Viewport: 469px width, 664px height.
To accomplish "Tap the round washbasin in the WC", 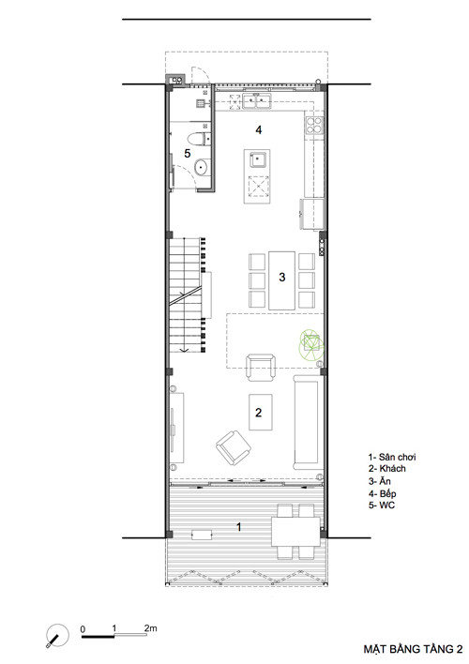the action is pyautogui.click(x=202, y=167).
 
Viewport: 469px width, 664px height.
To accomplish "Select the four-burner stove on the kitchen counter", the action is pyautogui.click(x=314, y=125).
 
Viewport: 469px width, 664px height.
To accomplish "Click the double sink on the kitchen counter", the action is pyautogui.click(x=257, y=101).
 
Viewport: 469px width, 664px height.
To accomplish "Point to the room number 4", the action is pyautogui.click(x=259, y=130).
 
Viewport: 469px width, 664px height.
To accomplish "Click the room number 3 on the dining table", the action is pyautogui.click(x=282, y=277).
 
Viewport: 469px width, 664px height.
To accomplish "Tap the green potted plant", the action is pyautogui.click(x=311, y=344).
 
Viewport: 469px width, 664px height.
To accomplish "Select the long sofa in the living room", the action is pyautogui.click(x=306, y=422).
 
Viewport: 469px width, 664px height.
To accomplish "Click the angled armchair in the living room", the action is pyautogui.click(x=233, y=447).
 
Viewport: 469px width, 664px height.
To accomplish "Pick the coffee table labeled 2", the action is pyautogui.click(x=260, y=412).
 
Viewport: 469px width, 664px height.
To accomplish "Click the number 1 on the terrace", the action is pyautogui.click(x=239, y=527).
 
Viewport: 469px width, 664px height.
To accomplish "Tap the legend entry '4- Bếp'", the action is pyautogui.click(x=382, y=493).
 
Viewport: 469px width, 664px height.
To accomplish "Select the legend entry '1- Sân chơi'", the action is pyautogui.click(x=392, y=457).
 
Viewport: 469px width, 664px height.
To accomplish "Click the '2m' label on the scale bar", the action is pyautogui.click(x=150, y=627).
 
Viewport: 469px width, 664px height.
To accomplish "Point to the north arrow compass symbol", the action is pyautogui.click(x=57, y=635).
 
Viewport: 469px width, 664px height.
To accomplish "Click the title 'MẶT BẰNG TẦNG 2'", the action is pyautogui.click(x=413, y=649).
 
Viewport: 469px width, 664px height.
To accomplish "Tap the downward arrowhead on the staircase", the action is pyautogui.click(x=184, y=350).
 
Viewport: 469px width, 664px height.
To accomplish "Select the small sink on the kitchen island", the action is pyautogui.click(x=258, y=159).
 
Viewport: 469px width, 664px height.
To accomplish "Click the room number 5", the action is pyautogui.click(x=188, y=153).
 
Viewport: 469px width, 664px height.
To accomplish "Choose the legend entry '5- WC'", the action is pyautogui.click(x=382, y=506).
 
